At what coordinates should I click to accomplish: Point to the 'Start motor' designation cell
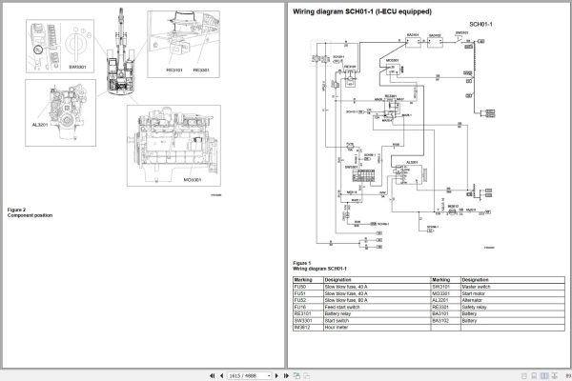click(x=471, y=291)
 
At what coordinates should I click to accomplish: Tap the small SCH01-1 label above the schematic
click(x=481, y=22)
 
